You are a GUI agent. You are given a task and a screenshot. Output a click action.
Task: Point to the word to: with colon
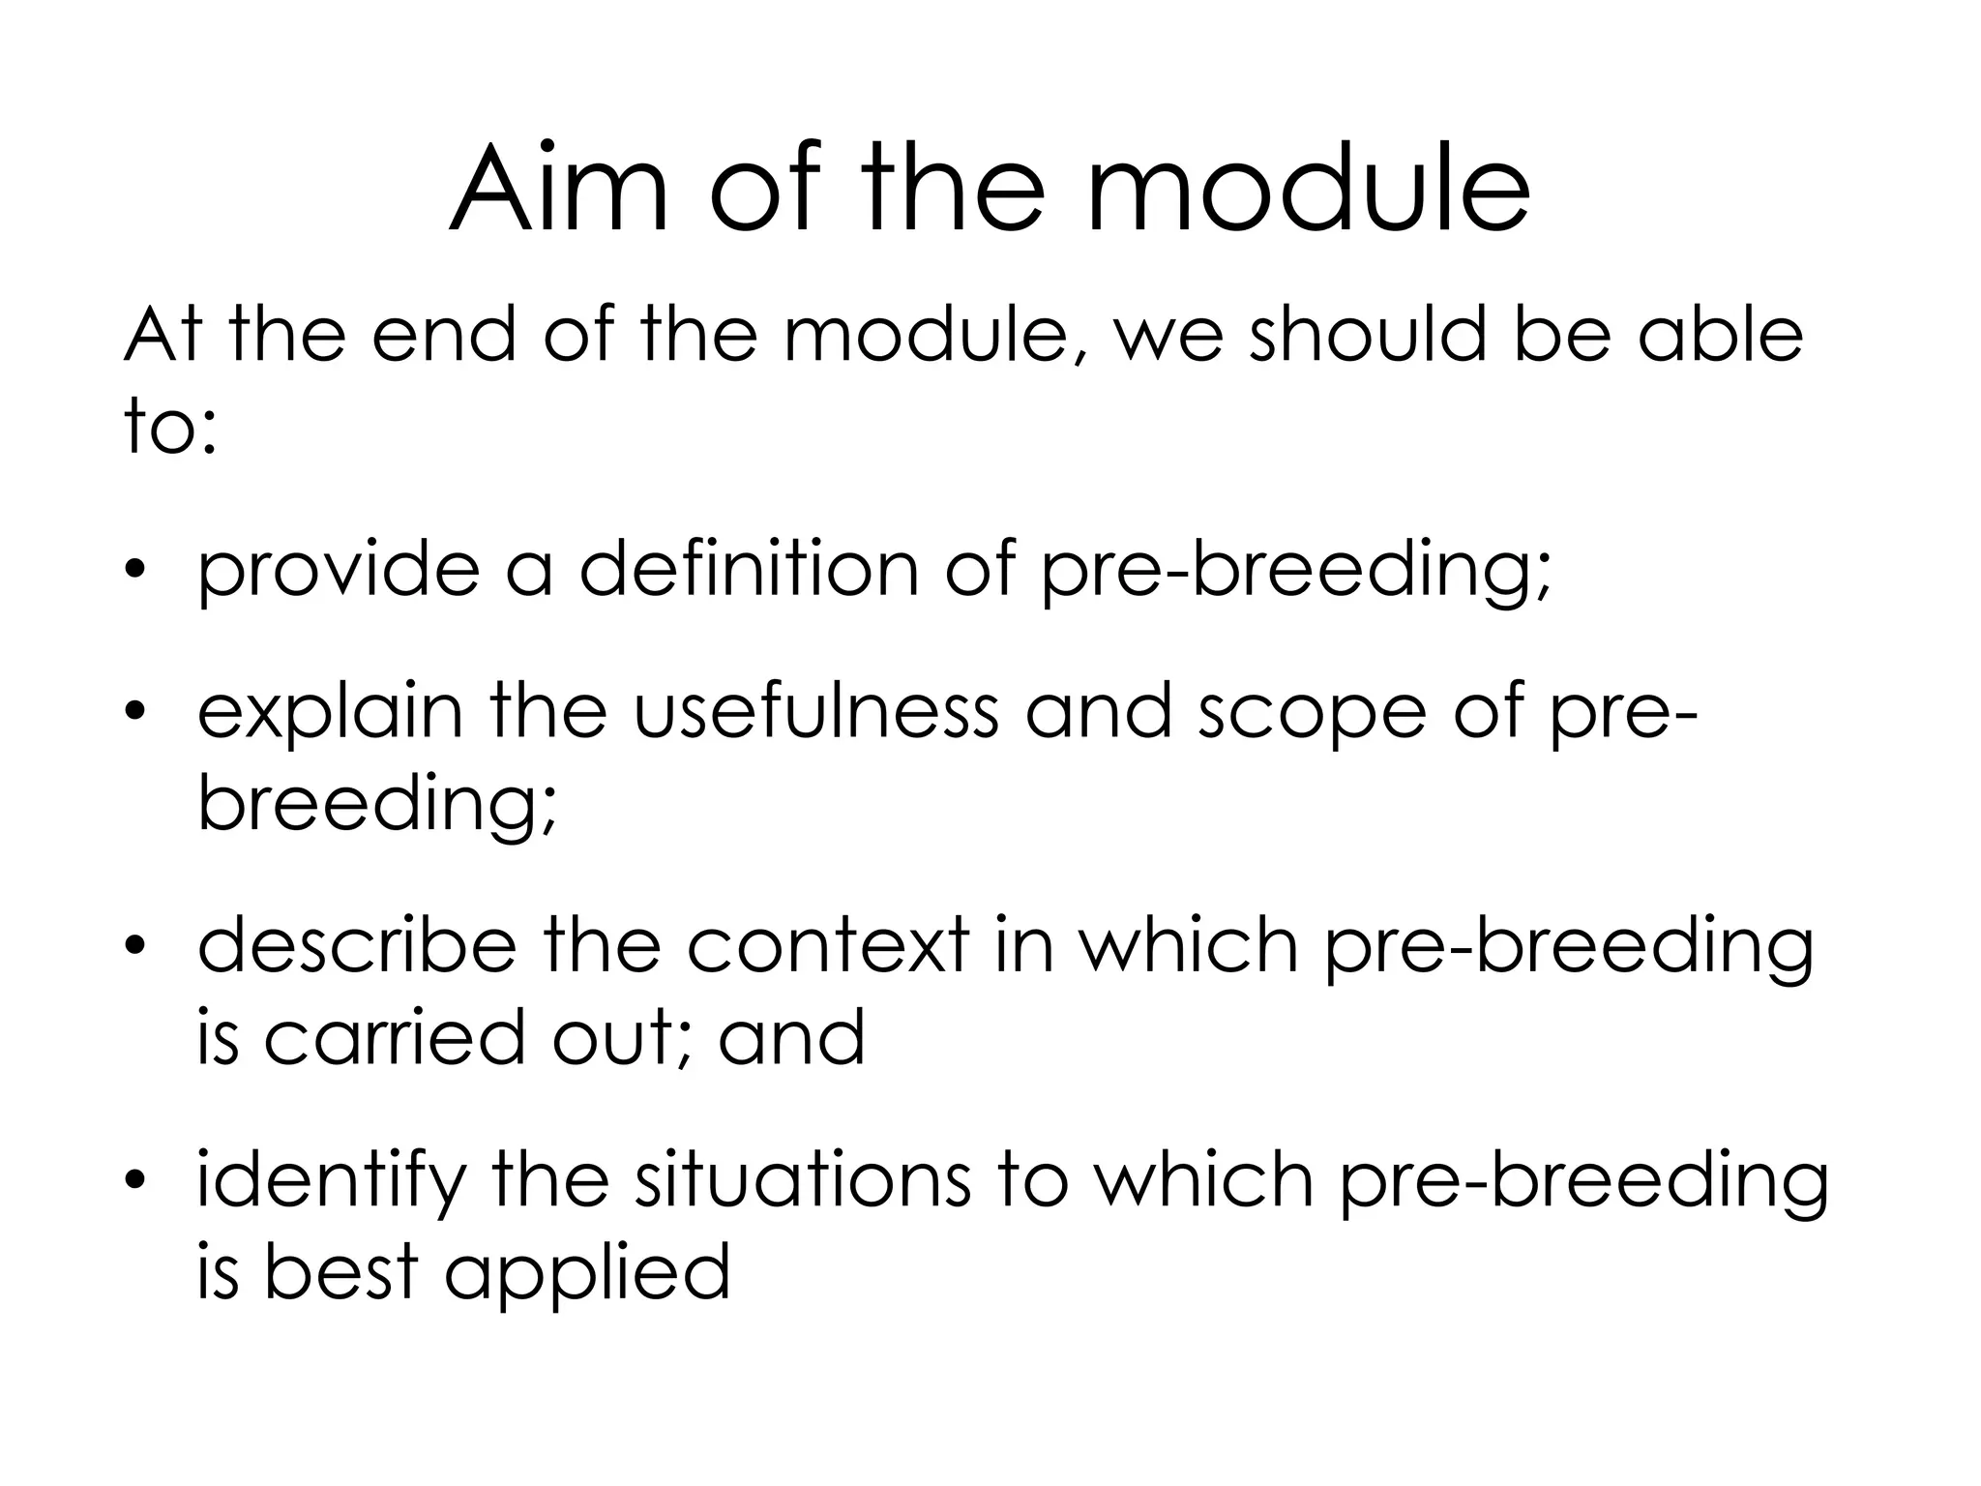[x=169, y=427]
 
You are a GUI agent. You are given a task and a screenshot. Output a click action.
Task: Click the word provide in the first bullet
[x=338, y=571]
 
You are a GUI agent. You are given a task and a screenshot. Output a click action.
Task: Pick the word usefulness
[x=815, y=711]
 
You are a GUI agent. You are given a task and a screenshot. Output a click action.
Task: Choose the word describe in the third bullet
[x=356, y=946]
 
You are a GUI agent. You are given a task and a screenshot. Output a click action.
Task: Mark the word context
[x=828, y=946]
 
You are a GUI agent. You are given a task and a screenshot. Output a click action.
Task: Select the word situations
[x=802, y=1180]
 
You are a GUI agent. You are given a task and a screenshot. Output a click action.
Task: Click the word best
[x=340, y=1271]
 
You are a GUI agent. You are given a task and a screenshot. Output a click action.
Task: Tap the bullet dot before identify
[x=136, y=1179]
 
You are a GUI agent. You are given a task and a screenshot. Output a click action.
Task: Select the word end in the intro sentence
[x=443, y=335]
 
